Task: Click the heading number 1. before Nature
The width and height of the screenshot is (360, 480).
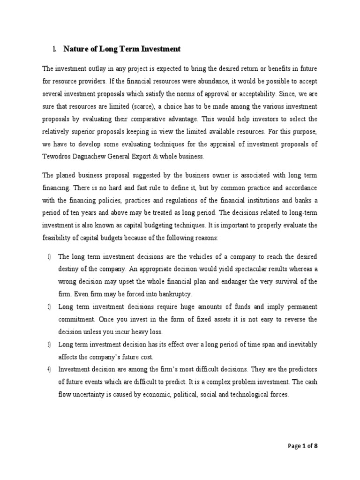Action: coord(54,49)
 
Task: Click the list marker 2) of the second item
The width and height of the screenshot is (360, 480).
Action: coord(49,307)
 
